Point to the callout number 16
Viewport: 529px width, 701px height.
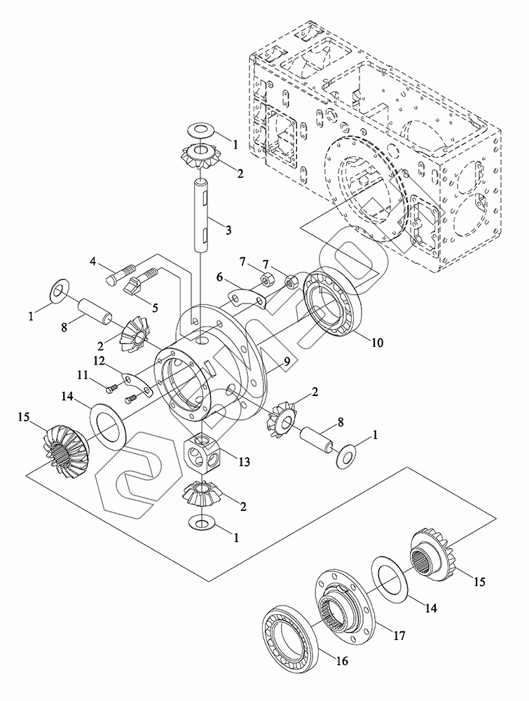pyautogui.click(x=342, y=660)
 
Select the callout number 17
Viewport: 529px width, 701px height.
pyautogui.click(x=398, y=637)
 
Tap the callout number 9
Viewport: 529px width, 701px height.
pyautogui.click(x=286, y=362)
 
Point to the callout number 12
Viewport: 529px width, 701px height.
pyautogui.click(x=99, y=360)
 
